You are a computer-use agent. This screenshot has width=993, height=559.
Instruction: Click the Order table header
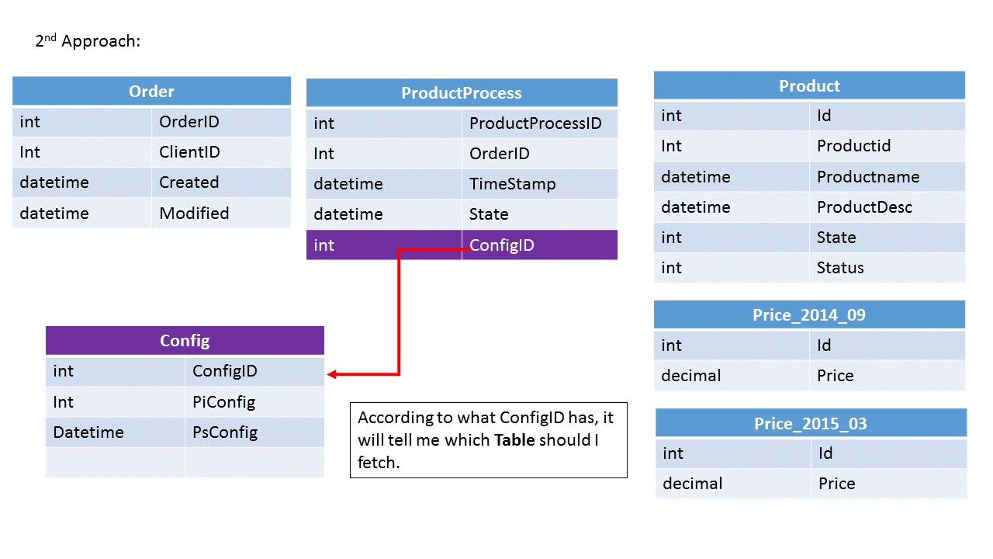coord(151,92)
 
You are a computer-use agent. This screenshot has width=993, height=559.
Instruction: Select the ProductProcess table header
coord(462,93)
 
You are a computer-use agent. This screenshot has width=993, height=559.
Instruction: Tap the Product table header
coord(809,86)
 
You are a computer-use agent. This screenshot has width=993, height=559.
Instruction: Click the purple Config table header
coord(185,341)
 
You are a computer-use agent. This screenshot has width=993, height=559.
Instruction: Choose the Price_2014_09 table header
coord(809,315)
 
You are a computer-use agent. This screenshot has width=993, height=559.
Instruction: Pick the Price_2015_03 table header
coord(811,424)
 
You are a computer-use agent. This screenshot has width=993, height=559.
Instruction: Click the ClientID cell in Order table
coord(189,152)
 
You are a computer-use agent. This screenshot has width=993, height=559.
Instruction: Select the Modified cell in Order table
coord(194,214)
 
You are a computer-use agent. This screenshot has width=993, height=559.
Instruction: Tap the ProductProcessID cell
coord(535,123)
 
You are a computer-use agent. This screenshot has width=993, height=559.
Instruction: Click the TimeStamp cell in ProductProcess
coord(512,184)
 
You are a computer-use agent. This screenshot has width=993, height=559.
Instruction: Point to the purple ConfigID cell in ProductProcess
coord(502,245)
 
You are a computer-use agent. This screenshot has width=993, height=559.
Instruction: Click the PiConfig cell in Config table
coord(223,402)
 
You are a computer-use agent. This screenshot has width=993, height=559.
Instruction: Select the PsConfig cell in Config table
coord(225,432)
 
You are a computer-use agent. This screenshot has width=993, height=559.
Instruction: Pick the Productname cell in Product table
coord(868,177)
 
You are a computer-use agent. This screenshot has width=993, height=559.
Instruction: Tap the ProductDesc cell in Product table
coord(864,207)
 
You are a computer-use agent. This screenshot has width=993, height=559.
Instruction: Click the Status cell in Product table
coord(840,268)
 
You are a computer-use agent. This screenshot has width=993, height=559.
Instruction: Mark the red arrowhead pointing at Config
coord(332,375)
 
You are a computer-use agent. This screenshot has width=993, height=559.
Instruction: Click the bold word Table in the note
coord(514,441)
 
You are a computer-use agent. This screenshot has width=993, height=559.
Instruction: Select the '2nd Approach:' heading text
coord(88,41)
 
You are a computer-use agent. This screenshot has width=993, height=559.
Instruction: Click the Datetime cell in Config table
coord(88,432)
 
